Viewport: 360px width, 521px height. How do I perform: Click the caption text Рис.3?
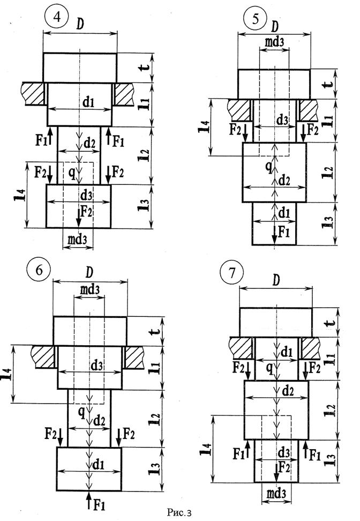(x=179, y=513)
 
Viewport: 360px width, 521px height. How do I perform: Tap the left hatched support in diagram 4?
(x=32, y=92)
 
